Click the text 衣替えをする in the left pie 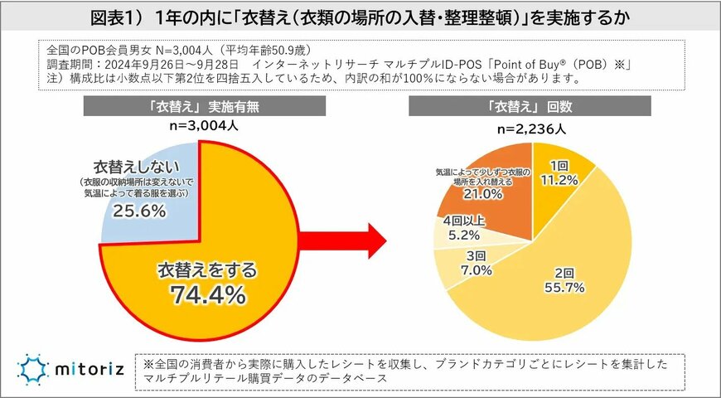point(208,269)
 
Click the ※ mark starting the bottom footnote point(149,363)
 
